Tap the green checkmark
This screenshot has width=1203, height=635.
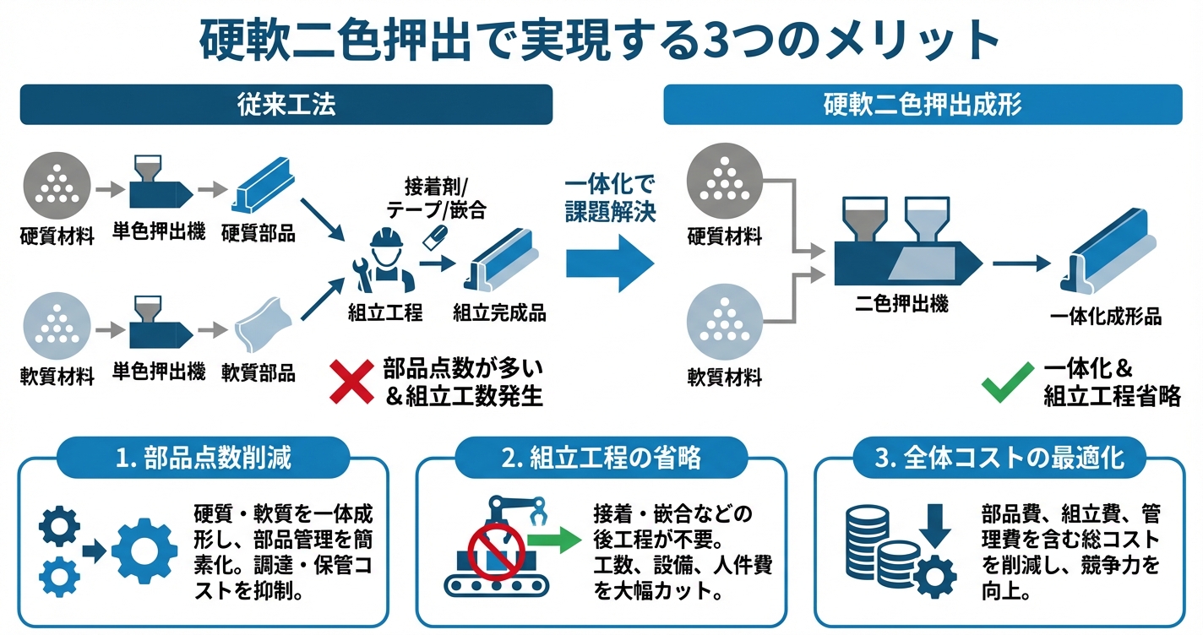[1007, 382]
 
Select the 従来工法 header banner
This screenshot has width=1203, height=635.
[286, 105]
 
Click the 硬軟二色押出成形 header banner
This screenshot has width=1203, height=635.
[923, 105]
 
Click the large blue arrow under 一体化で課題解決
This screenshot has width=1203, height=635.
[610, 263]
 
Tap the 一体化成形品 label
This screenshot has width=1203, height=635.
[1105, 317]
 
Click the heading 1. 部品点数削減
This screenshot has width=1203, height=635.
[203, 459]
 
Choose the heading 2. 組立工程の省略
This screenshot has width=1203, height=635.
[601, 459]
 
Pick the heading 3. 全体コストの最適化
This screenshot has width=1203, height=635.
[999, 459]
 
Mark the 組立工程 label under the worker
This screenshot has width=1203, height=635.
[384, 314]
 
